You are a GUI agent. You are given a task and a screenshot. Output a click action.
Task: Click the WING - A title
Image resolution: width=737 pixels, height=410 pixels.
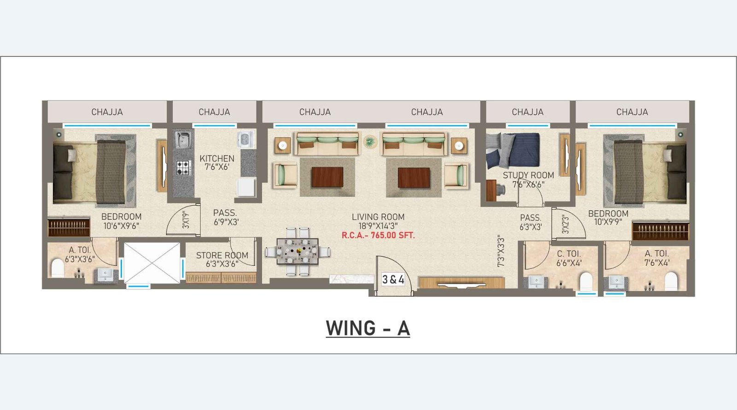point(368,328)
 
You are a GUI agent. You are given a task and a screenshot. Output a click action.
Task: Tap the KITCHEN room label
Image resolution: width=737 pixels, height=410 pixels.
point(217,158)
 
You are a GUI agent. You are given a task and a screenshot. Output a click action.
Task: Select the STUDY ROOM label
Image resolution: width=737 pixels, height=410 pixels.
point(528,175)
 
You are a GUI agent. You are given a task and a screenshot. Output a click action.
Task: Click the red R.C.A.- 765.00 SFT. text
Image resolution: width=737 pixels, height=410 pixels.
point(378,235)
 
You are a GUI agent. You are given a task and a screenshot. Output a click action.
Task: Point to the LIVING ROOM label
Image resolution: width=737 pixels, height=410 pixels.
point(378,217)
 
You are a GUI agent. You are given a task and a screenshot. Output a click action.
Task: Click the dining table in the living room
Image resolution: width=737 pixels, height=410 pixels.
point(298,251)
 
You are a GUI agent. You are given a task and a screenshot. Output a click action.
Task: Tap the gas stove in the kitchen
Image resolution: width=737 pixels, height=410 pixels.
point(183,167)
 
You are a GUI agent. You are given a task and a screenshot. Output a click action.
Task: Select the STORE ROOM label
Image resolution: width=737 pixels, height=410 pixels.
point(222,255)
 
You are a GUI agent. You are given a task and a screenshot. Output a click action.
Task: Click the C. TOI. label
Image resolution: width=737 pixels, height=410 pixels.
point(569,254)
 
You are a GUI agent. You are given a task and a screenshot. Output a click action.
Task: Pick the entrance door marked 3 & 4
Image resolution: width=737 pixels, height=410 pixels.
point(393,279)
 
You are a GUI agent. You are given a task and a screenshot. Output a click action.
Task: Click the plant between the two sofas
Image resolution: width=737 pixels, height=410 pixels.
point(369,142)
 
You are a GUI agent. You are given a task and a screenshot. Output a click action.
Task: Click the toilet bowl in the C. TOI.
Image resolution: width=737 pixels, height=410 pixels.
point(585,280)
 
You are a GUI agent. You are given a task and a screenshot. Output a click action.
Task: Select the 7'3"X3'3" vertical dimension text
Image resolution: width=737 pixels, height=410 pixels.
point(501,251)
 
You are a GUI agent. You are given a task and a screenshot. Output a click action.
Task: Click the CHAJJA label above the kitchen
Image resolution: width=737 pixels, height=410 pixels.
point(214,112)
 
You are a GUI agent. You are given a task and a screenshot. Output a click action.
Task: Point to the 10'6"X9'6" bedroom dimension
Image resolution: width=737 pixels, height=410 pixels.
point(121,226)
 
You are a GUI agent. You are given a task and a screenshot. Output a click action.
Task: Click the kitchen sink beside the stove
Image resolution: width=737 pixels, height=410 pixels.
point(183,140)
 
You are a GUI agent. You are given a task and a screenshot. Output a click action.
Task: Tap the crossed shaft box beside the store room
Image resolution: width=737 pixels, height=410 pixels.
point(152,263)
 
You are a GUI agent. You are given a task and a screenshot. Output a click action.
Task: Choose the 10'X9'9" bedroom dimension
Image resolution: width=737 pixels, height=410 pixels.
point(608,222)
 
